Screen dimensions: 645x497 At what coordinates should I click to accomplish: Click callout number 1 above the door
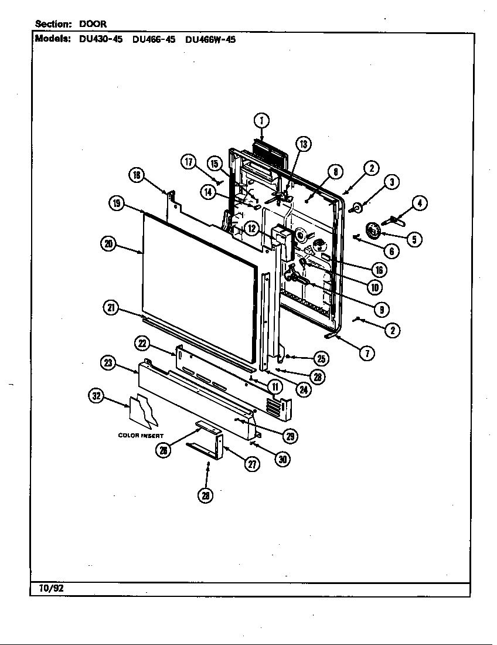pyautogui.click(x=261, y=121)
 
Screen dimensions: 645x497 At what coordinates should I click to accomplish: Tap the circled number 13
pyautogui.click(x=302, y=144)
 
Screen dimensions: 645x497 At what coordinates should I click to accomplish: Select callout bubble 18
pyautogui.click(x=136, y=175)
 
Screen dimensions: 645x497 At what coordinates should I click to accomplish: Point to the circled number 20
pyautogui.click(x=108, y=245)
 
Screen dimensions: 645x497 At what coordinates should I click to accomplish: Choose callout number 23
pyautogui.click(x=108, y=363)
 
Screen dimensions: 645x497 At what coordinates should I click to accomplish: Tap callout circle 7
pyautogui.click(x=367, y=353)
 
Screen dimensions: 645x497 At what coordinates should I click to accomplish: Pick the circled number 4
pyautogui.click(x=419, y=203)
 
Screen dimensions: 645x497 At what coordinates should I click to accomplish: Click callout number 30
pyautogui.click(x=282, y=459)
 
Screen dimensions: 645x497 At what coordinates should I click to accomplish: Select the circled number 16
pyautogui.click(x=379, y=270)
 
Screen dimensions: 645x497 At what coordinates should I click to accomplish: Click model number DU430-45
pyautogui.click(x=100, y=40)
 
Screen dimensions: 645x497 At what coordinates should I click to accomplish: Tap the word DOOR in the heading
pyautogui.click(x=93, y=24)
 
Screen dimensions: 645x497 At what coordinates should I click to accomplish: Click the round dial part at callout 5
pyautogui.click(x=373, y=230)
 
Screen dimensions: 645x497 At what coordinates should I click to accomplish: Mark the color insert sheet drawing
pyautogui.click(x=143, y=410)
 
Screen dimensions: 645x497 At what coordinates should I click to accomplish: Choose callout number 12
pyautogui.click(x=251, y=229)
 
